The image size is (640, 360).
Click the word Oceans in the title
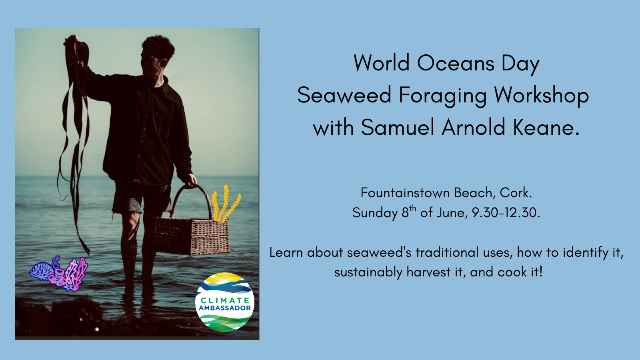(x=456, y=63)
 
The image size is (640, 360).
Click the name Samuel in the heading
(x=397, y=127)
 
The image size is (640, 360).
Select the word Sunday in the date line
(x=375, y=213)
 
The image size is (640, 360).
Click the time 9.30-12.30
(x=506, y=213)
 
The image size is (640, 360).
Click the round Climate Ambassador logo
(x=224, y=302)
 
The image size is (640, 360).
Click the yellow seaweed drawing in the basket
(x=226, y=204)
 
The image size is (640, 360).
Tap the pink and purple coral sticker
(x=58, y=274)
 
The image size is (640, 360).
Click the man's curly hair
(x=158, y=47)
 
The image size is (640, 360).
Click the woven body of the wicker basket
(x=192, y=236)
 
